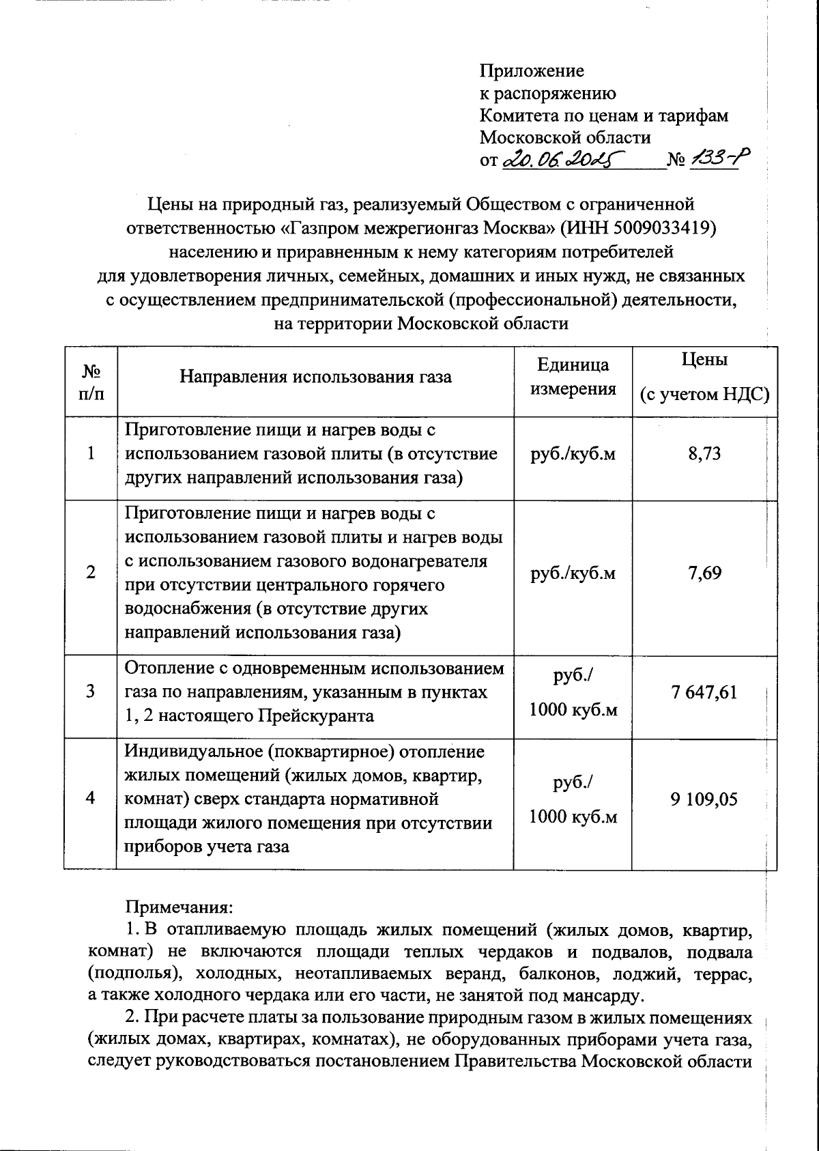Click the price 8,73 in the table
click(x=704, y=454)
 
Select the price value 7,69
click(x=704, y=573)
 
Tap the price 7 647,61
click(x=704, y=693)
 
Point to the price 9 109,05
click(x=704, y=799)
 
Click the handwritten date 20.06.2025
click(x=563, y=159)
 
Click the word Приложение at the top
click(x=532, y=70)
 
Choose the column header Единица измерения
click(x=573, y=377)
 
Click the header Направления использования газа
click(x=315, y=376)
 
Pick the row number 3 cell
click(x=91, y=692)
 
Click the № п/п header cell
click(x=91, y=383)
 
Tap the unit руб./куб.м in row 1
click(x=573, y=454)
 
